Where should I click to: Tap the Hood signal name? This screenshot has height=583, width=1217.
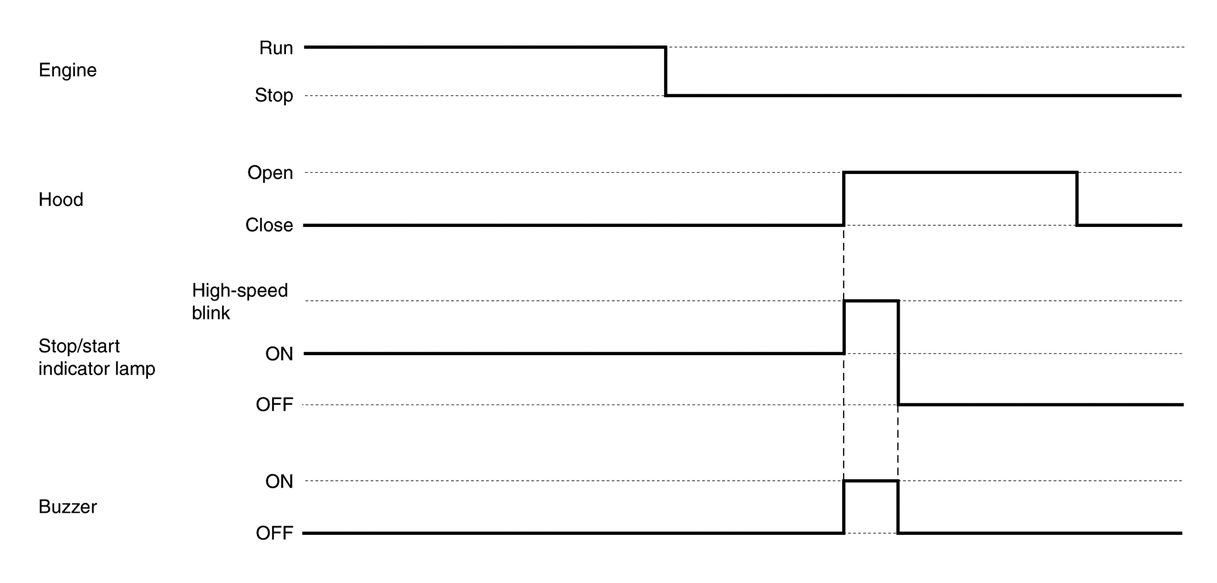(x=61, y=200)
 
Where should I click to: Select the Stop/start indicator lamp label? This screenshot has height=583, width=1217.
(x=96, y=357)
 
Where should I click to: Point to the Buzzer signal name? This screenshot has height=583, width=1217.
(x=67, y=507)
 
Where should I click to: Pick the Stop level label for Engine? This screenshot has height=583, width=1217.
(x=274, y=95)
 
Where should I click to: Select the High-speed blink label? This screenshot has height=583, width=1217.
(x=240, y=301)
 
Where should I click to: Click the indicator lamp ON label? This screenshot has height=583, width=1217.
(x=279, y=354)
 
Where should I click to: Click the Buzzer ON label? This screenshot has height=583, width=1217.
(x=279, y=482)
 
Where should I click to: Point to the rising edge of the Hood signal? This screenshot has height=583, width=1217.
(x=844, y=199)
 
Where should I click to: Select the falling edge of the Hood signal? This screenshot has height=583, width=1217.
(x=1077, y=199)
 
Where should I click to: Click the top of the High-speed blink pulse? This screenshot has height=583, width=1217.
(x=871, y=301)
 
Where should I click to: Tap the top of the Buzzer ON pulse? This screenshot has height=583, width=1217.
(x=871, y=481)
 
